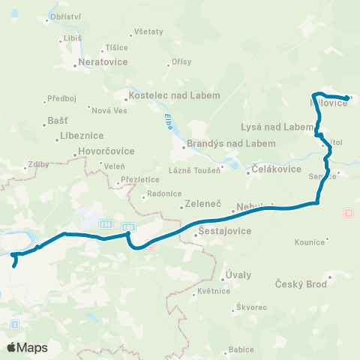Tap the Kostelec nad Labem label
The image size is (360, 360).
(x=175, y=96)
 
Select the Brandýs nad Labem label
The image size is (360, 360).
(x=222, y=144)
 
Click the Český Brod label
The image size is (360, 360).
(x=303, y=283)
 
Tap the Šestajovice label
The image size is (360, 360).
(x=223, y=234)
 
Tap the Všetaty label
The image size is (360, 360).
(x=148, y=32)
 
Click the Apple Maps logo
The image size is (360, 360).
(x=27, y=347)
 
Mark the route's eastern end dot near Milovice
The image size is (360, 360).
(x=346, y=98)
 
